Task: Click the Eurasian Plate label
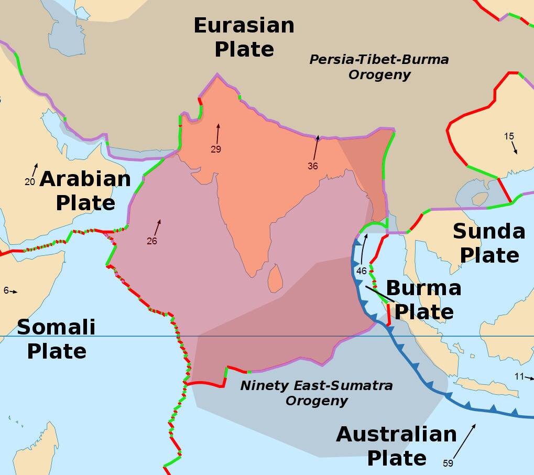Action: pyautogui.click(x=244, y=37)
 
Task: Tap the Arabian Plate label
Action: pyautogui.click(x=85, y=190)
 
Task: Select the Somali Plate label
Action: pyautogui.click(x=56, y=339)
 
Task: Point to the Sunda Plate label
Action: pyautogui.click(x=489, y=243)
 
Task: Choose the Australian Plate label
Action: pyautogui.click(x=397, y=446)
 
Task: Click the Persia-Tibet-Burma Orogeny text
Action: pyautogui.click(x=379, y=67)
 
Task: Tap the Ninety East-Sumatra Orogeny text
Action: pyautogui.click(x=317, y=393)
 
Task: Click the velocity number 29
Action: pyautogui.click(x=216, y=149)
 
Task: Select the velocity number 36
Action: pyautogui.click(x=313, y=166)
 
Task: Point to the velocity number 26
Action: pyautogui.click(x=152, y=241)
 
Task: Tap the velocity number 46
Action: pyautogui.click(x=362, y=271)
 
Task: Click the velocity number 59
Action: pyautogui.click(x=448, y=463)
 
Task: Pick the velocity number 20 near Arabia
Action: pyautogui.click(x=29, y=182)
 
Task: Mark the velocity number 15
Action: pyautogui.click(x=509, y=136)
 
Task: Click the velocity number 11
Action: pyautogui.click(x=519, y=376)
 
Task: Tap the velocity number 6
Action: pyautogui.click(x=6, y=290)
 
